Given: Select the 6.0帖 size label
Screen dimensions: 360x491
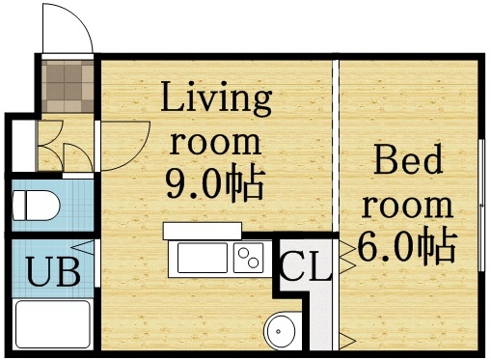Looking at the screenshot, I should pos(406,248).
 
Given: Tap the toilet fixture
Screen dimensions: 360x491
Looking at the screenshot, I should pos(37,205).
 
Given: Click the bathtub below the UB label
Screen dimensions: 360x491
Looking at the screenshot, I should pos(54,326).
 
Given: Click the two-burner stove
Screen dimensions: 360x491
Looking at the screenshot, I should pos(249,258).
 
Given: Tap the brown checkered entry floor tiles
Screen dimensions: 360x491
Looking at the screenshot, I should pos(68,87).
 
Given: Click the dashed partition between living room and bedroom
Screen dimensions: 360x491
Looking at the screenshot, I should pos(337,145).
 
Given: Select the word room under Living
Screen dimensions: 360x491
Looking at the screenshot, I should pos(215,142).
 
